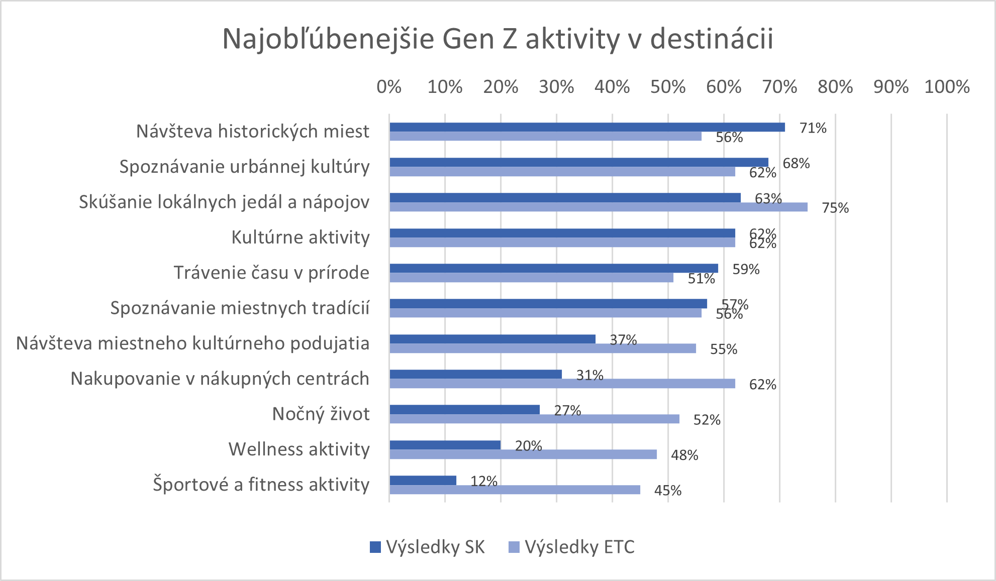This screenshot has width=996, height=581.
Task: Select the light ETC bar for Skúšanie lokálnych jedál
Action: (x=598, y=207)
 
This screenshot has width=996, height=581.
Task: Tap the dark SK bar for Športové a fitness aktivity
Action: (x=423, y=480)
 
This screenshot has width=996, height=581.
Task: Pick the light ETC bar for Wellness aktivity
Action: (x=523, y=454)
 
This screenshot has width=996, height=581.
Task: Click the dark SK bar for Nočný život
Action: (x=464, y=410)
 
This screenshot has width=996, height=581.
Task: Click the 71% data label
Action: (x=813, y=128)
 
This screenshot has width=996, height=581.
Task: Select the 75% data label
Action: (x=835, y=208)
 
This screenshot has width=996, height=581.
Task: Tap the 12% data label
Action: (x=483, y=481)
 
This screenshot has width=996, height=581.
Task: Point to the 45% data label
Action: (x=667, y=491)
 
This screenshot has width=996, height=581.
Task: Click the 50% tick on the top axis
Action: (x=667, y=87)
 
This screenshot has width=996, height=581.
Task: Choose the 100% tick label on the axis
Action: (x=947, y=87)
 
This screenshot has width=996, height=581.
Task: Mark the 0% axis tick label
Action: (x=389, y=87)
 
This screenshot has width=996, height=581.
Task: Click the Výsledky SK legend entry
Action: (x=427, y=547)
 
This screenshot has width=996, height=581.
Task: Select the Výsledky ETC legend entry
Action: (x=572, y=547)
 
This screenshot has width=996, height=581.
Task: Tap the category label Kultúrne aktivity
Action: (x=300, y=237)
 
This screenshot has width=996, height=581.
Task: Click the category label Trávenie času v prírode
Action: (x=271, y=273)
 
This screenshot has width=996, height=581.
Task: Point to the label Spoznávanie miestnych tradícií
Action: (x=240, y=308)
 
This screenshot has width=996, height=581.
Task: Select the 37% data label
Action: (x=623, y=340)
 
